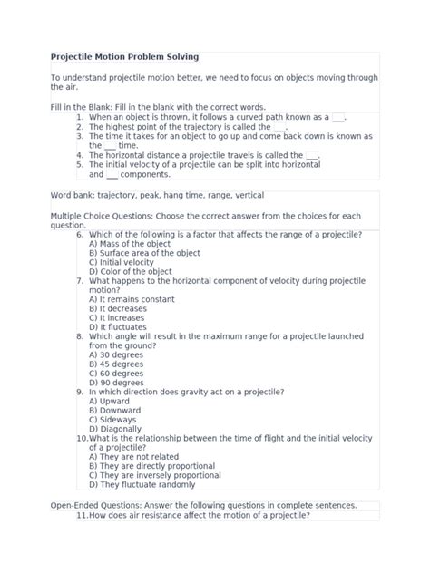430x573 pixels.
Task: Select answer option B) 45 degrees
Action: (116, 364)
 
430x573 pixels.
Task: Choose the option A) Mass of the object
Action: (131, 244)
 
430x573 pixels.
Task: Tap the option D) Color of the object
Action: (131, 272)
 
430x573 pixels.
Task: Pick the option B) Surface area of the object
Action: (143, 253)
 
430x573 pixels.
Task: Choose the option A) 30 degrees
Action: (116, 354)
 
